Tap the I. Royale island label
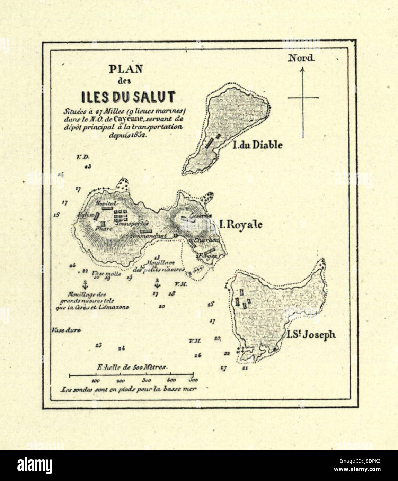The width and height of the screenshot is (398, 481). click(241, 225)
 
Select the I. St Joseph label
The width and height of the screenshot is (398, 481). click(311, 335)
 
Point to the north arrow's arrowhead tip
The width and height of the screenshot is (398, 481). click(302, 69)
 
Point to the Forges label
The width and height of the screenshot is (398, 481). click(207, 256)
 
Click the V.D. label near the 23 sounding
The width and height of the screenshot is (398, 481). click(82, 157)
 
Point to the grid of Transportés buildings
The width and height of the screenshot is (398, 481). click(121, 215)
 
